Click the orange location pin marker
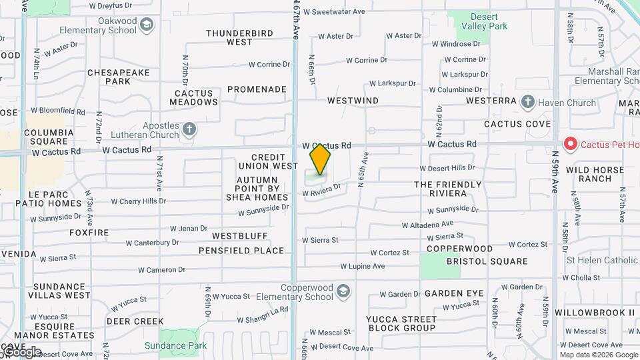click(x=320, y=159)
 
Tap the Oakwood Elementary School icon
click(x=147, y=26)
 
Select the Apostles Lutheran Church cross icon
click(x=189, y=129)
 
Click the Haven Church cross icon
click(x=528, y=103)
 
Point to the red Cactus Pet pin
click(x=570, y=144)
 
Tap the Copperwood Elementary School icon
click(x=343, y=291)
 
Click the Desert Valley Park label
click(x=489, y=22)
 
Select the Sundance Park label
click(x=175, y=345)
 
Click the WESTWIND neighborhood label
click(x=353, y=101)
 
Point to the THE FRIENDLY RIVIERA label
click(x=447, y=189)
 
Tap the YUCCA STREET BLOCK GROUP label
click(x=401, y=323)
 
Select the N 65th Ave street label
click(x=364, y=170)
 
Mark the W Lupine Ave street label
click(x=362, y=266)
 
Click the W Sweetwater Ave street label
click(x=334, y=12)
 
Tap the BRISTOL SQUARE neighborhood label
click(x=487, y=261)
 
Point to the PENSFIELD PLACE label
click(x=241, y=251)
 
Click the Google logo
click(x=21, y=352)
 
